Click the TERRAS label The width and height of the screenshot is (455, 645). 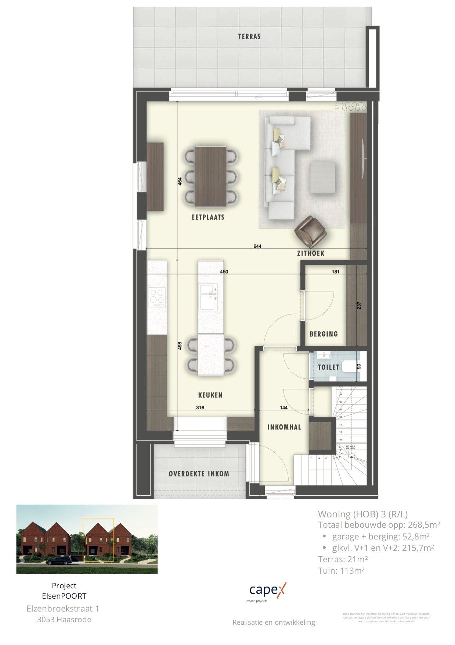point(249,36)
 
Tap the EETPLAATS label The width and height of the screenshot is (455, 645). point(208,217)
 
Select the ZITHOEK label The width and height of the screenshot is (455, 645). point(311,253)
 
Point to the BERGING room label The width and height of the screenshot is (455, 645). point(324,334)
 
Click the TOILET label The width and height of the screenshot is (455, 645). point(328,367)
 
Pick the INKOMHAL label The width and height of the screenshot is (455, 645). point(284,427)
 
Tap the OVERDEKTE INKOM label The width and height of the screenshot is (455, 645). point(199,474)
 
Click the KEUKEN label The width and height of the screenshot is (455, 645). point(210,395)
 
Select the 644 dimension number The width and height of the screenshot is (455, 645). point(257,246)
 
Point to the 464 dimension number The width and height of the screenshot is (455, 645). point(180,182)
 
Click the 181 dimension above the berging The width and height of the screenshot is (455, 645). point(335,272)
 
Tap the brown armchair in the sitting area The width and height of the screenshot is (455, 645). point(311,231)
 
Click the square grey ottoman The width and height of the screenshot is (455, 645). point(323,177)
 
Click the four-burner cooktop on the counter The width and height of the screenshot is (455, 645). point(156,297)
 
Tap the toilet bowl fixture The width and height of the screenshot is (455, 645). point(349,367)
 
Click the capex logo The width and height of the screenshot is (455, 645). point(267,591)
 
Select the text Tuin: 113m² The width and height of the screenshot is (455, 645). point(341,571)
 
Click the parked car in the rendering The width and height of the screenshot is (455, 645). point(59,560)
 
